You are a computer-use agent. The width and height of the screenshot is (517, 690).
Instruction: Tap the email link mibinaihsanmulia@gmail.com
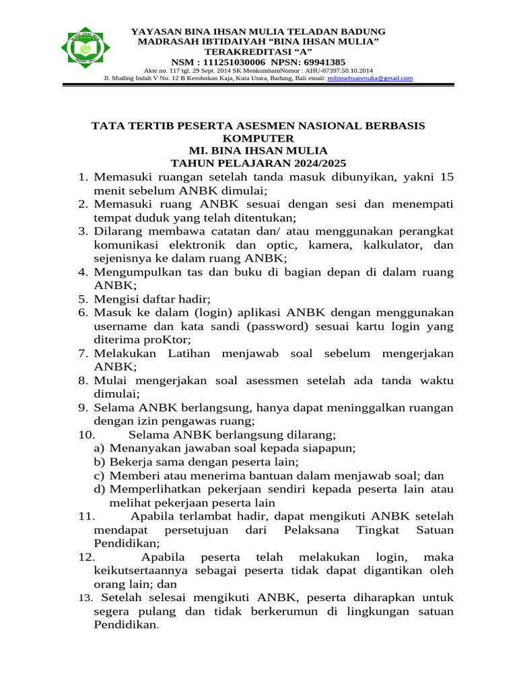click(370, 78)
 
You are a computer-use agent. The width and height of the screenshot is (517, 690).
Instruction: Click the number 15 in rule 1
click(446, 177)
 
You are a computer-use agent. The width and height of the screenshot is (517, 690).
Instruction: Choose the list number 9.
click(83, 408)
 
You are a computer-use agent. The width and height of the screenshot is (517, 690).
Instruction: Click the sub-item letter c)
click(99, 475)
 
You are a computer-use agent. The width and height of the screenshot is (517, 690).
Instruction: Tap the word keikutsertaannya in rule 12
click(139, 571)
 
